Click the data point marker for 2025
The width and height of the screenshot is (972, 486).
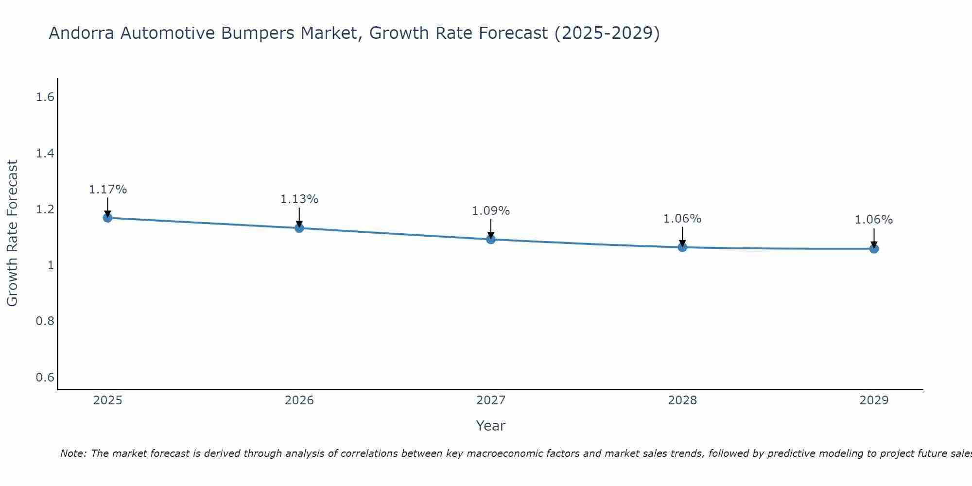point(108,218)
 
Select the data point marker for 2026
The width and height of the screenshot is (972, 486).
point(299,228)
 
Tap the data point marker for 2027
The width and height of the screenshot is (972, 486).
point(491,239)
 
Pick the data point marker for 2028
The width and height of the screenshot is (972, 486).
point(682,247)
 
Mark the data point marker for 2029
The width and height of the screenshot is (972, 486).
point(874,249)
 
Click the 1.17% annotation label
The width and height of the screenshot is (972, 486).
point(108,190)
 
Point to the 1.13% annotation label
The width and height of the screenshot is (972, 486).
point(299,199)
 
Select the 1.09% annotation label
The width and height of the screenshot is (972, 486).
point(491,211)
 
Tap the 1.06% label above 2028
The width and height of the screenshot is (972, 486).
point(682,219)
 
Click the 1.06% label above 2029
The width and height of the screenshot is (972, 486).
point(874,220)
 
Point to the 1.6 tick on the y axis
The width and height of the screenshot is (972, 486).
point(45,98)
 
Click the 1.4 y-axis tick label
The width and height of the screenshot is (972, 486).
point(45,154)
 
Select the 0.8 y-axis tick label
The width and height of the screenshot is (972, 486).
point(45,321)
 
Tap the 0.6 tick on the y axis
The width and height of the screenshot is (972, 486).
point(45,378)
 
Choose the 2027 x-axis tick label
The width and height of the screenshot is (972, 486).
point(491,400)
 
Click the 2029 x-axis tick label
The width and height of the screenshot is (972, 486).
point(874,400)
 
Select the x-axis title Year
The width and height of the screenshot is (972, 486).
point(491,426)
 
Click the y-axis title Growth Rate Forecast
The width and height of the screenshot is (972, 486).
point(13,233)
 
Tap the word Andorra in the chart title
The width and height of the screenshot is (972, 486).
point(82,34)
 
